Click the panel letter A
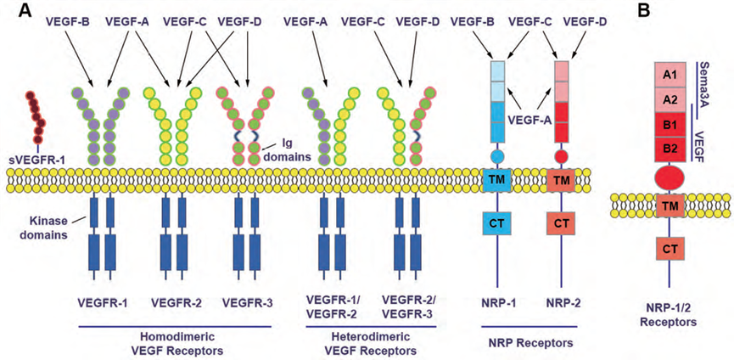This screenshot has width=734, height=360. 14,11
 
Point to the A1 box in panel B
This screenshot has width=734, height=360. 670,75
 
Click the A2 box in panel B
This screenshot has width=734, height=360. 670,99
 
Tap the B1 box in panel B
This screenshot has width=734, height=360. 670,124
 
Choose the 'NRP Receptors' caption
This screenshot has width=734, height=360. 526,342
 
